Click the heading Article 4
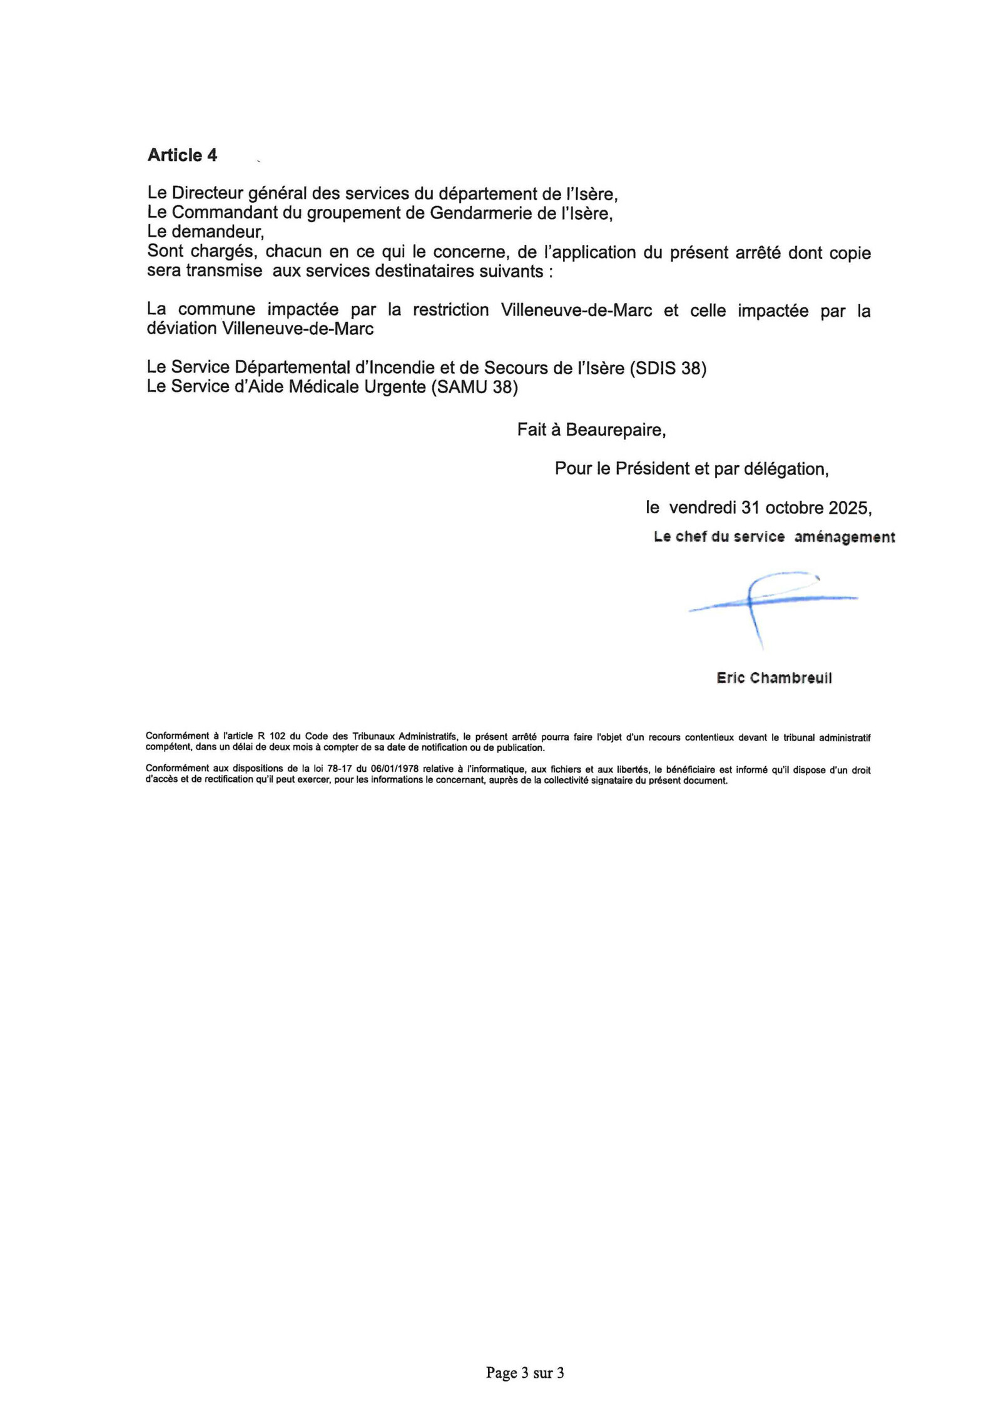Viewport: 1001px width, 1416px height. [182, 155]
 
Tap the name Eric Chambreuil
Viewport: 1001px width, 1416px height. [774, 678]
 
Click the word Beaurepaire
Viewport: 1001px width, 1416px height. [615, 430]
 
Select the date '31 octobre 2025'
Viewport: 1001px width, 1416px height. [805, 508]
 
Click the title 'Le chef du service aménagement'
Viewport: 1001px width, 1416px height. [774, 537]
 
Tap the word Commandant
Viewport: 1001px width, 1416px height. [225, 213]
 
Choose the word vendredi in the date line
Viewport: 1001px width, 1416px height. [703, 508]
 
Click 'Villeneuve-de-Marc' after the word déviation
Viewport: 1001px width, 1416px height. [298, 329]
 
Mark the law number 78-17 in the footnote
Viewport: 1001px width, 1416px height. [338, 769]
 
